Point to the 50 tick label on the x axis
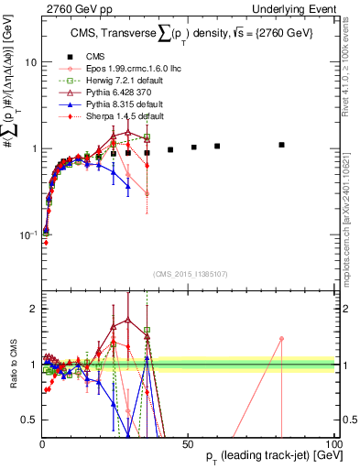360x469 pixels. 188,443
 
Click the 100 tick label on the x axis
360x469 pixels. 332,443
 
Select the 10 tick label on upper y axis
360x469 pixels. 29,62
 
